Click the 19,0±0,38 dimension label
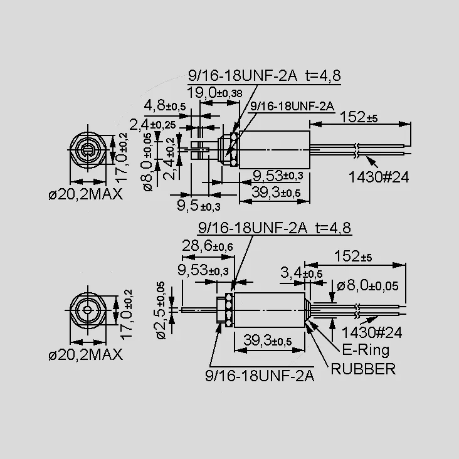[x=214, y=93]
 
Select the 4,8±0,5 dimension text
[x=165, y=105]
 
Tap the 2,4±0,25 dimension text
[x=152, y=125]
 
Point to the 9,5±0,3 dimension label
[x=199, y=206]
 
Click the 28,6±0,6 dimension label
[x=208, y=246]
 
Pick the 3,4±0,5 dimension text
[x=301, y=273]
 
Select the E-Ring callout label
[x=366, y=350]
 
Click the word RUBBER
[x=363, y=369]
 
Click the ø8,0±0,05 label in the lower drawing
[x=367, y=285]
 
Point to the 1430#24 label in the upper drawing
[x=379, y=177]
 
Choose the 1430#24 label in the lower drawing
[x=372, y=332]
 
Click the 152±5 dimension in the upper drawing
[x=359, y=117]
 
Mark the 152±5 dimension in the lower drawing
[x=353, y=256]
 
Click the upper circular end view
[x=88, y=150]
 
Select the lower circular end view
[x=88, y=310]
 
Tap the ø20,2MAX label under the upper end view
[x=85, y=194]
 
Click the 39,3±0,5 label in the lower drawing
[x=268, y=340]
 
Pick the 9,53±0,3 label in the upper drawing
[x=278, y=176]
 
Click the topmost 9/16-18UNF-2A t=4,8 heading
[x=265, y=75]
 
